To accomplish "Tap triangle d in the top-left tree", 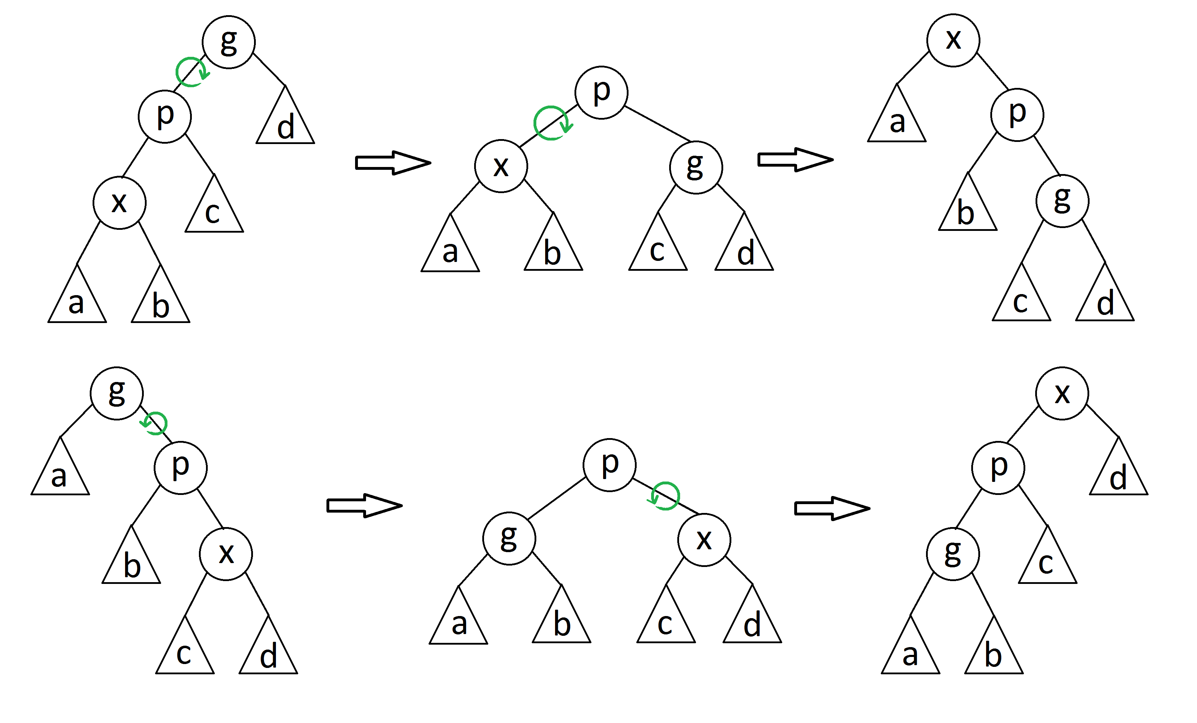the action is [x=285, y=115].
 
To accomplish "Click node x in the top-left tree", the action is [x=119, y=203].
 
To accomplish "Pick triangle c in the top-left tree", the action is [x=214, y=203].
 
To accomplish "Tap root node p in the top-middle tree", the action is [x=601, y=92].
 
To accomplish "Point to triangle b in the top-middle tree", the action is [x=553, y=241].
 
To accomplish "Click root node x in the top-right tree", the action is [x=953, y=40].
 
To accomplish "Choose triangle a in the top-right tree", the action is [x=897, y=113].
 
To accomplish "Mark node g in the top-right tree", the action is [x=1062, y=201].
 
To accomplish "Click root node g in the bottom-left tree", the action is [x=117, y=393].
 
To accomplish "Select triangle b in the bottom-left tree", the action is [x=131, y=554].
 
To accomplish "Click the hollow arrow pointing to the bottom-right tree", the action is [x=832, y=508].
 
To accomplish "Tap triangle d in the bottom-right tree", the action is [x=1119, y=466].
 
